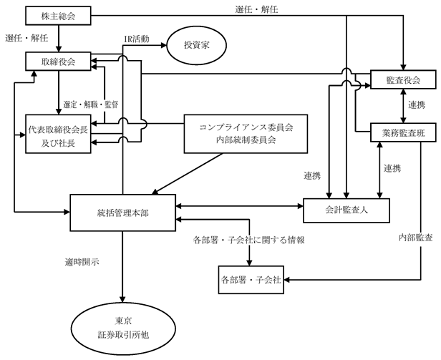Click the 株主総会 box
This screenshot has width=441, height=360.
tap(58, 16)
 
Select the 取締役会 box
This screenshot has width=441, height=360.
tap(58, 62)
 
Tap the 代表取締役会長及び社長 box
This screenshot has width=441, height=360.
tap(58, 134)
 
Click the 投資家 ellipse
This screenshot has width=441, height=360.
tap(197, 45)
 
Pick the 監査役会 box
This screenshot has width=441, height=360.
tap(403, 80)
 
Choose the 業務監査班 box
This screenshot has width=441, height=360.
tap(403, 132)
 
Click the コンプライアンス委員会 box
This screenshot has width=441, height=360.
tap(246, 134)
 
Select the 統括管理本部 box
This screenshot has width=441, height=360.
tap(123, 213)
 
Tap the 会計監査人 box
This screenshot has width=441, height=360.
tap(346, 210)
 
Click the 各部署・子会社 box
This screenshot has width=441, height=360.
tap(251, 280)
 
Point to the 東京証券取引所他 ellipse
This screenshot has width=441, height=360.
tap(123, 329)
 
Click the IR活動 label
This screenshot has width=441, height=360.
tap(137, 39)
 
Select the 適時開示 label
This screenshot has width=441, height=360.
tap(82, 262)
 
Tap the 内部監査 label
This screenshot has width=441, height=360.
tap(416, 238)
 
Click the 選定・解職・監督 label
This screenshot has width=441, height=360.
tap(90, 104)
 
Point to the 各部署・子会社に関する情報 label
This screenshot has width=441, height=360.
tap(249, 240)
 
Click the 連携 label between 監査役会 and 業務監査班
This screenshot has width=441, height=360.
tap(417, 105)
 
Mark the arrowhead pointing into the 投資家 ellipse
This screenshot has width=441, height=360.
tap(164, 45)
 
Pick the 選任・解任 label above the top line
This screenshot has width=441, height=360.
tap(257, 9)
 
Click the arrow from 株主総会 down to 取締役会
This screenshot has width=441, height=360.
tap(59, 39)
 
